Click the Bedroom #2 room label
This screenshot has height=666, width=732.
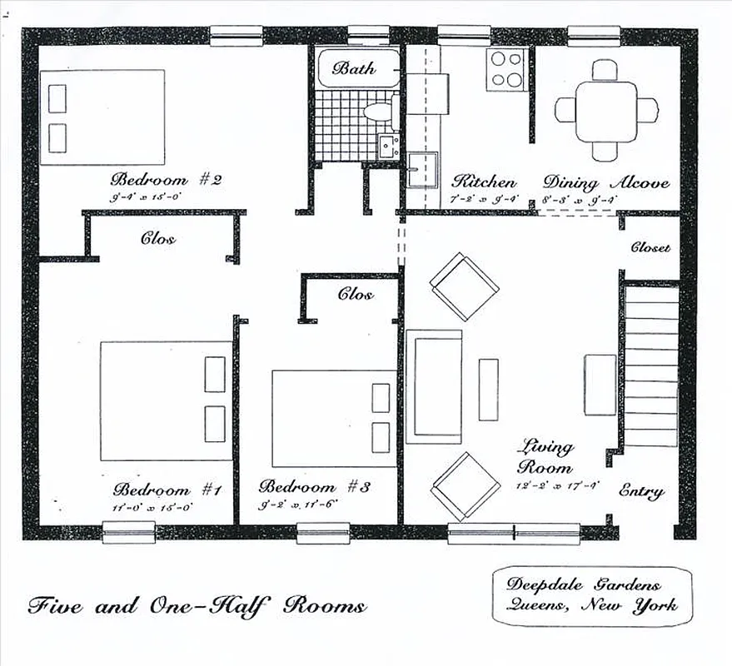pos(166,179)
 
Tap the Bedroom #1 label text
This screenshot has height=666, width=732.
pos(167,490)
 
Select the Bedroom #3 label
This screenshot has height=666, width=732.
pos(313,486)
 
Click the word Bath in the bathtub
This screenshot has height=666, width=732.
pos(354,68)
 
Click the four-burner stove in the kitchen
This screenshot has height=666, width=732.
pos(505,69)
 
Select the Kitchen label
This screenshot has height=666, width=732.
pos(483,181)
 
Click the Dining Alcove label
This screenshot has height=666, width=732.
pos(605,181)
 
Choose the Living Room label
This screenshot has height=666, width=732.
pos(545,456)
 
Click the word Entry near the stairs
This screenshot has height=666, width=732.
pos(641,491)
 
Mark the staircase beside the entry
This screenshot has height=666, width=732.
pos(651,366)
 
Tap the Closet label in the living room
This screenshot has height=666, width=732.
pos(650,247)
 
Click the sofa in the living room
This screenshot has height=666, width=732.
pos(434,386)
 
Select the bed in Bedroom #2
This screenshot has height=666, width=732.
pos(102,117)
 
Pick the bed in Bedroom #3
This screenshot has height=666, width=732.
pos(334,419)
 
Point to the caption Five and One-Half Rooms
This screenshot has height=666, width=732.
pos(197,605)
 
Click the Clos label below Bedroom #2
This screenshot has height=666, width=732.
pos(157,239)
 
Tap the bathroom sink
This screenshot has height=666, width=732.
pos(387,147)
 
